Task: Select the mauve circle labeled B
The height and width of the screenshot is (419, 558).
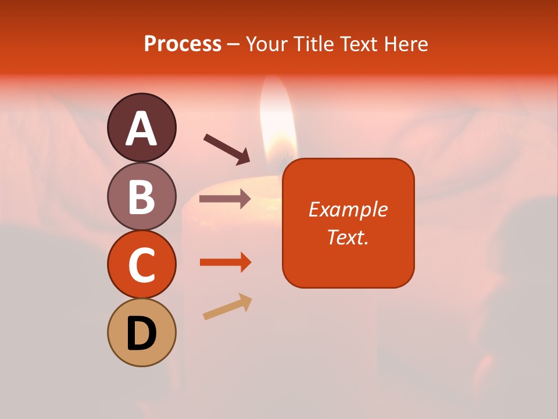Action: tap(141, 196)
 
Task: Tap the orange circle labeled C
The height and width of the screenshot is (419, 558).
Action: tap(141, 264)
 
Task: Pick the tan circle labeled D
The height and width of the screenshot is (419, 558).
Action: tap(141, 332)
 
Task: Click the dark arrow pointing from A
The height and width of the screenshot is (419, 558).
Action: tap(227, 149)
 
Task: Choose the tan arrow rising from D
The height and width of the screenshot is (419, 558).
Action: tap(227, 307)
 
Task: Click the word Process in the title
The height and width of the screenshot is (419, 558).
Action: tap(183, 44)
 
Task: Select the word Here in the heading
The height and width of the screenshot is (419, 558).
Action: tap(406, 44)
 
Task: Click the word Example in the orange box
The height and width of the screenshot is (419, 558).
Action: tap(348, 210)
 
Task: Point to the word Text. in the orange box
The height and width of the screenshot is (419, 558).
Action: tap(348, 237)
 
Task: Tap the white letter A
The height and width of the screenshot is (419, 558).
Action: tap(141, 129)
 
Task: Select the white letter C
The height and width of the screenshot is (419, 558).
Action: tap(141, 265)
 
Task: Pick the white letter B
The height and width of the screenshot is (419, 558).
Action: tap(141, 197)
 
